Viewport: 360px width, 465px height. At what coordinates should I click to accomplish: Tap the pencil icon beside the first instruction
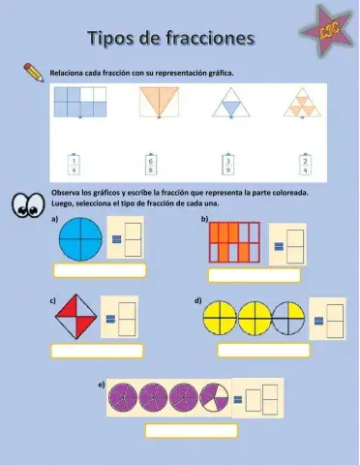pyautogui.click(x=33, y=72)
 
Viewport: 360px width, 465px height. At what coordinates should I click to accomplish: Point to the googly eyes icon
pyautogui.click(x=28, y=204)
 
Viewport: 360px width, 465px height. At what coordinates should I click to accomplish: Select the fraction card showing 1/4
pyautogui.click(x=75, y=165)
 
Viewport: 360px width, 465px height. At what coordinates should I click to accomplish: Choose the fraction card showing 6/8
pyautogui.click(x=150, y=165)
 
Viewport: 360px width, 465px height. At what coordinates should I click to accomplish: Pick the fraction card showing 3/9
pyautogui.click(x=227, y=165)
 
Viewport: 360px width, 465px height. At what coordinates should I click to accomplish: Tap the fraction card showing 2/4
pyautogui.click(x=305, y=165)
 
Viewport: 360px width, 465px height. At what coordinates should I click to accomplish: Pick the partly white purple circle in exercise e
pyautogui.click(x=214, y=397)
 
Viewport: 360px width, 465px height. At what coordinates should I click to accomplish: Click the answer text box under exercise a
pyautogui.click(x=101, y=270)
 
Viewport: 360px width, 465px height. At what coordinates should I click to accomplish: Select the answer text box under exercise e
pyautogui.click(x=191, y=431)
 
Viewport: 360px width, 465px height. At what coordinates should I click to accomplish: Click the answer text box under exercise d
pyautogui.click(x=262, y=350)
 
